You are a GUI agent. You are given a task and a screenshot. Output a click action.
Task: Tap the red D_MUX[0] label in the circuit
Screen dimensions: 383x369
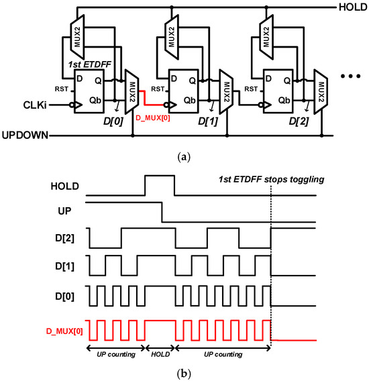[153, 119]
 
